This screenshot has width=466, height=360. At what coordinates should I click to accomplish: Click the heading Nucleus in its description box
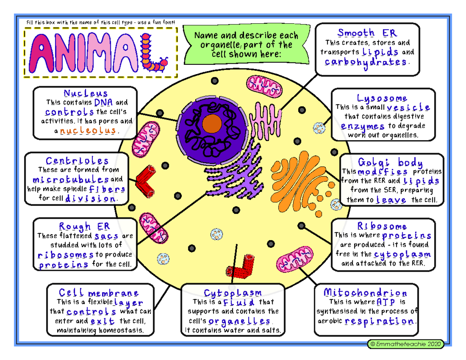click(85, 94)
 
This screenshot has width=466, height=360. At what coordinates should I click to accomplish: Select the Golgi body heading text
click(390, 162)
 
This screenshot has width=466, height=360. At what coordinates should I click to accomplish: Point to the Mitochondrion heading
click(366, 293)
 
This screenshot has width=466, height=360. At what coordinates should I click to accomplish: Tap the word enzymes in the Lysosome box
click(363, 126)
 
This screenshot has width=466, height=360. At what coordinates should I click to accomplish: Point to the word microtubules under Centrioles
click(71, 180)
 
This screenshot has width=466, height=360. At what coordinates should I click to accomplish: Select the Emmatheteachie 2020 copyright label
click(407, 344)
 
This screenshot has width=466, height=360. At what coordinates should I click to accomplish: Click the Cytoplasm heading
click(233, 293)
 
